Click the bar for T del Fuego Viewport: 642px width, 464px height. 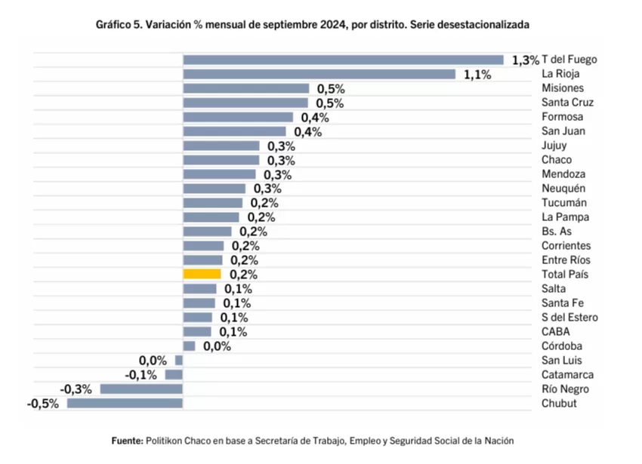(343, 60)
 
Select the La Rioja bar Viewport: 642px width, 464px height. (319, 74)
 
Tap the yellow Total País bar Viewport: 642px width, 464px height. (202, 274)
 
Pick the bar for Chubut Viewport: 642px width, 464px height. (125, 403)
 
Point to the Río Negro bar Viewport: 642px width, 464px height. (141, 389)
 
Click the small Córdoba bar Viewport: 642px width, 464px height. (189, 346)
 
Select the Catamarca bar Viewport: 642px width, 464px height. (174, 374)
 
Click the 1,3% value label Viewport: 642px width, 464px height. (525, 60)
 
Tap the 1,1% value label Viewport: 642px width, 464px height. (477, 75)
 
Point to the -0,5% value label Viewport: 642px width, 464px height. (45, 404)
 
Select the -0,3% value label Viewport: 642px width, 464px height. (77, 389)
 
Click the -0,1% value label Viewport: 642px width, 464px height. (142, 375)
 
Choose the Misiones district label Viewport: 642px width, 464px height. (562, 88)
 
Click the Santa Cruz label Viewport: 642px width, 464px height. (567, 103)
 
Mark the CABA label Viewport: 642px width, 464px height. (555, 331)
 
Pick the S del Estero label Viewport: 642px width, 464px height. (569, 317)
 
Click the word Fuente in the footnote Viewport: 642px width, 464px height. (126, 439)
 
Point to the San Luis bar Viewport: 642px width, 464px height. (179, 360)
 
